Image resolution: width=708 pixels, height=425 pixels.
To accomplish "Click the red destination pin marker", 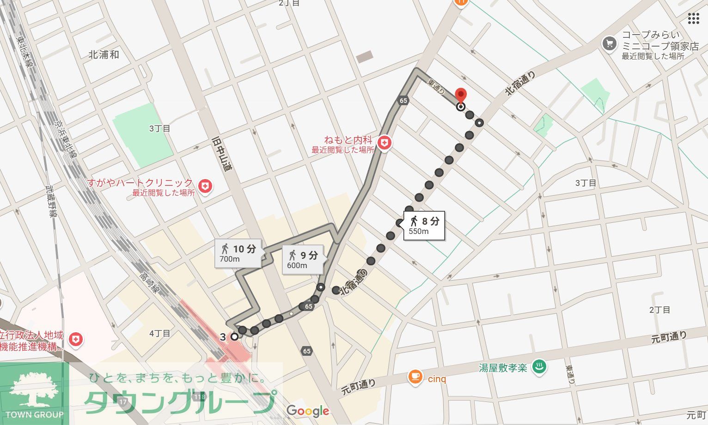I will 461,95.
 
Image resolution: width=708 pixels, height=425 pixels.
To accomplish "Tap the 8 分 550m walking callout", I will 424,226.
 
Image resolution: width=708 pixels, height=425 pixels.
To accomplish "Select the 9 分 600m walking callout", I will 303,259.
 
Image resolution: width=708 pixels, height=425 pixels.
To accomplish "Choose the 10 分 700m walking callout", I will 238,253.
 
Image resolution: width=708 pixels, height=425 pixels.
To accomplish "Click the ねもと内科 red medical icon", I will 384,144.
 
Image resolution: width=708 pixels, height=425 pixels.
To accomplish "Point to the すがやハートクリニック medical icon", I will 205,186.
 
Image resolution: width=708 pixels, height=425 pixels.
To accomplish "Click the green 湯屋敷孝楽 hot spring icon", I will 538,367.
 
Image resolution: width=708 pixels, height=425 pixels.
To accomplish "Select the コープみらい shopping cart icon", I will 610,44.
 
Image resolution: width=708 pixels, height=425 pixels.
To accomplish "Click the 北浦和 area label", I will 104,54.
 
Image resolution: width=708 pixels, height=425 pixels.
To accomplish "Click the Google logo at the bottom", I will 308,411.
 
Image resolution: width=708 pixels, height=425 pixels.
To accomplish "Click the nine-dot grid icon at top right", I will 693,19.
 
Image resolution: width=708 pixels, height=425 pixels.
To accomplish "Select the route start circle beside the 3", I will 235,336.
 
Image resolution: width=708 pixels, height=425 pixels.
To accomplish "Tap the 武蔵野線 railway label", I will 52,201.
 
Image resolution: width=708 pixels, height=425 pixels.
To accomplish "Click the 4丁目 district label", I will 160,333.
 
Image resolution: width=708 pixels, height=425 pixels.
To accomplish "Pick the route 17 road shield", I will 122,402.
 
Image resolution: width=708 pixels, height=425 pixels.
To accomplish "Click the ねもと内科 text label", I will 348,140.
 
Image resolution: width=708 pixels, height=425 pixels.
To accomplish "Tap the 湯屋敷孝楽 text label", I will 503,368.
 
